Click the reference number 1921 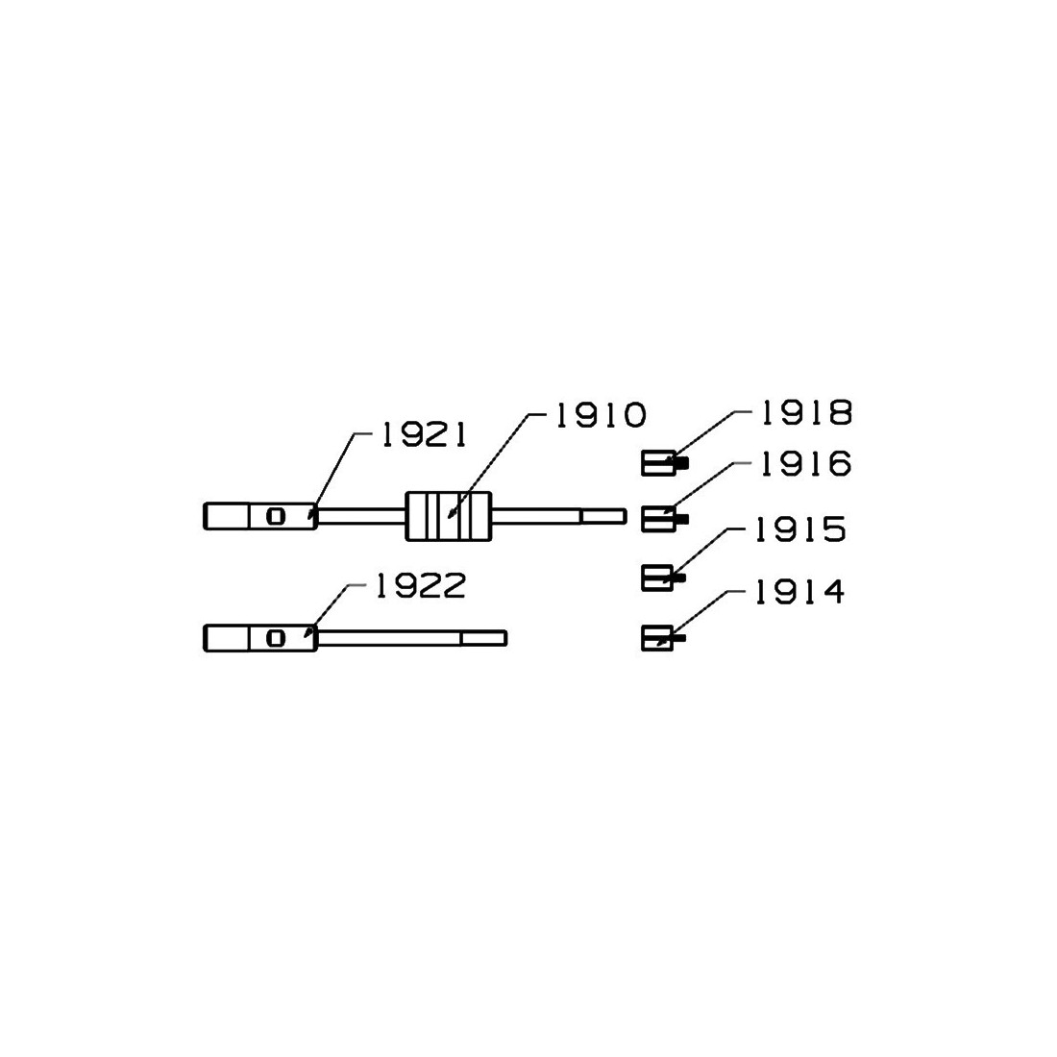point(424,436)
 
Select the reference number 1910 point(600,415)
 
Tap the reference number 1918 point(806,413)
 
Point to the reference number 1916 point(805,464)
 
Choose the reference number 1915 point(799,529)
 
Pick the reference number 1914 point(799,592)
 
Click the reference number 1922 point(421,586)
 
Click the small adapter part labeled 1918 point(665,464)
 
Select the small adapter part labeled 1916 point(665,518)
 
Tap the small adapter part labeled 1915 point(663,578)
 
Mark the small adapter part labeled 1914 point(663,638)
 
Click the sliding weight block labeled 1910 point(449,516)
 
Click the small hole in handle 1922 point(276,638)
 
